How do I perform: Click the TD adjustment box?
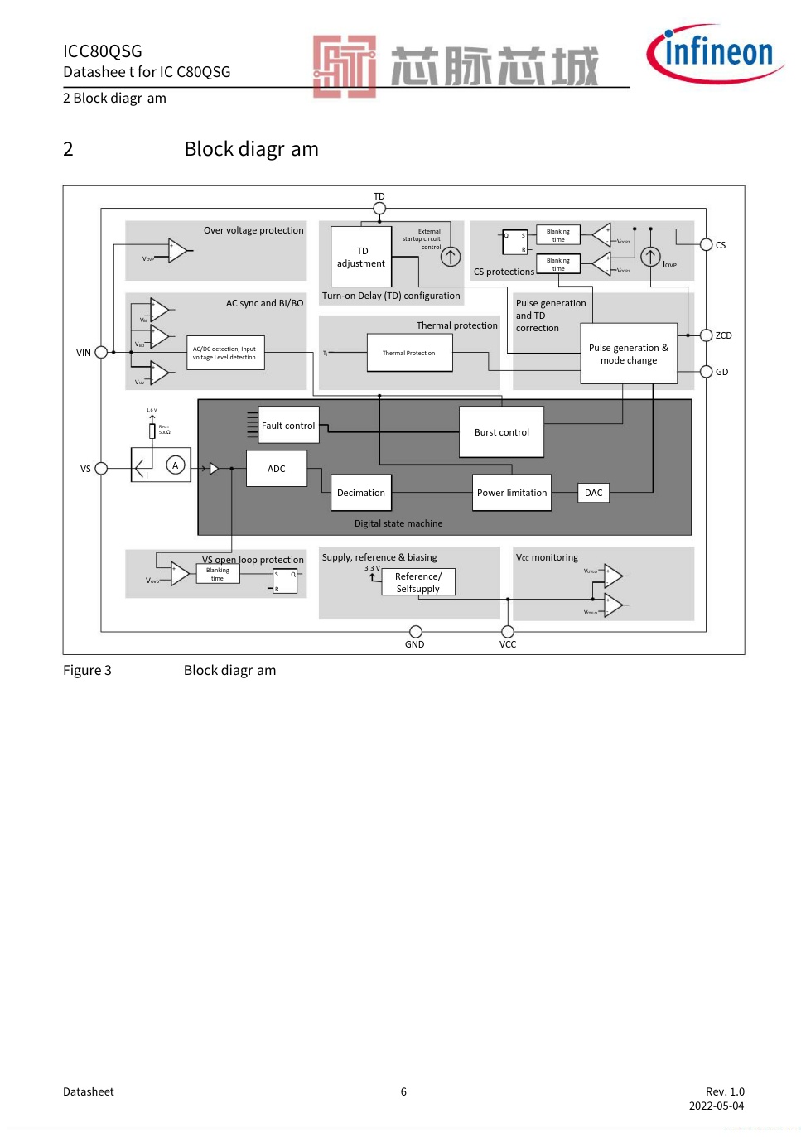361,257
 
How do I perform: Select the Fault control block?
288,426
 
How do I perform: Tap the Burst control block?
502,432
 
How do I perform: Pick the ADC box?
277,469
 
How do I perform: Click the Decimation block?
361,493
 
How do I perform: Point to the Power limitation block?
512,493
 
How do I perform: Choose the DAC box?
593,493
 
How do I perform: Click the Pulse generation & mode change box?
629,354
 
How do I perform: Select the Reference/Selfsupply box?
418,582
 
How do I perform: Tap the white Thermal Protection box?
409,353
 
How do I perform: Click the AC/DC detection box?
225,353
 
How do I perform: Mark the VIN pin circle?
101,352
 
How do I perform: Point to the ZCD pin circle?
706,335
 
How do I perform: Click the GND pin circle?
416,632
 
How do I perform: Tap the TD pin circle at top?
379,209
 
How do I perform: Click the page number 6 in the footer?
403,1091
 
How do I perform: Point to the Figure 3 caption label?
87,670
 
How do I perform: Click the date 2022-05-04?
717,1106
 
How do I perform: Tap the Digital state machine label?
398,523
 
